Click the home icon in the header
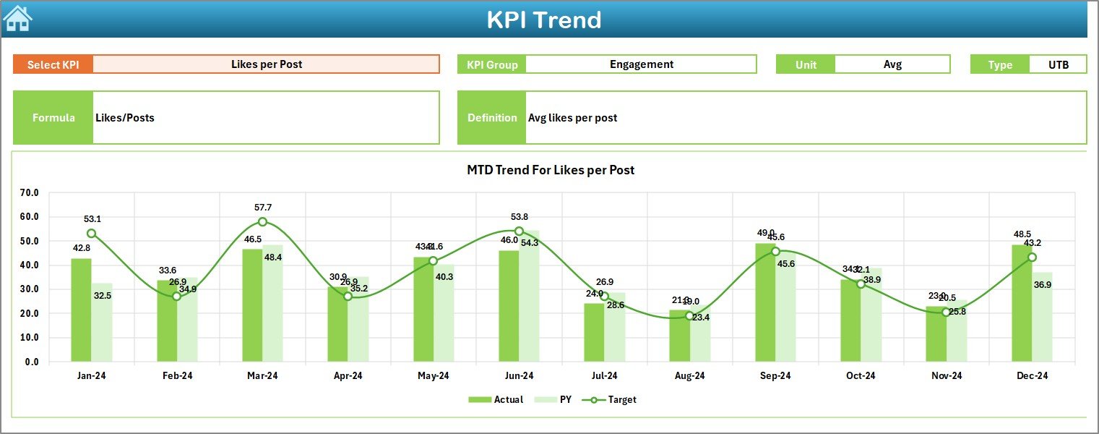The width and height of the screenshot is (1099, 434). click(x=17, y=18)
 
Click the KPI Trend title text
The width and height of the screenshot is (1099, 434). click(x=543, y=20)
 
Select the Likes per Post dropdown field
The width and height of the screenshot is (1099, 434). click(x=266, y=64)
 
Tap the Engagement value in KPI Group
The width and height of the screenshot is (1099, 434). click(x=641, y=64)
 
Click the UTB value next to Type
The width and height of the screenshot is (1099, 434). click(x=1058, y=64)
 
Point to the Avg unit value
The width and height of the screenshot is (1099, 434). click(x=892, y=64)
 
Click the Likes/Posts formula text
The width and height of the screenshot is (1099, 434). click(x=125, y=117)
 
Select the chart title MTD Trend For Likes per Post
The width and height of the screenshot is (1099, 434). click(x=551, y=170)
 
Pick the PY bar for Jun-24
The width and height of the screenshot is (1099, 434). click(x=529, y=296)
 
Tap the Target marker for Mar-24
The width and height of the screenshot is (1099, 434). click(x=262, y=221)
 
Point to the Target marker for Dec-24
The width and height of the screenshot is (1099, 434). click(x=1032, y=257)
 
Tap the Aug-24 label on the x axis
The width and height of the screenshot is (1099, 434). click(x=689, y=376)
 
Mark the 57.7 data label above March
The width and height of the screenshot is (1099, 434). click(x=263, y=208)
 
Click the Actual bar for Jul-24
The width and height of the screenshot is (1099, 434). click(x=594, y=333)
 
